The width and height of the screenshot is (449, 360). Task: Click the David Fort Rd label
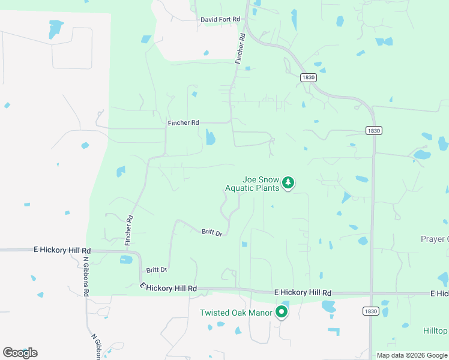tap(220, 20)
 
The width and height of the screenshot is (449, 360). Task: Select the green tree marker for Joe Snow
tap(288, 182)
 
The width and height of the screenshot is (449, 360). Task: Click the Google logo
tap(20, 352)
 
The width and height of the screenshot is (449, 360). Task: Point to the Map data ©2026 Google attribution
tap(412, 355)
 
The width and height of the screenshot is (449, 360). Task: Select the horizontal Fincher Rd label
tap(183, 123)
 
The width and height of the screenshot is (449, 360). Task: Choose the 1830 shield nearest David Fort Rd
tap(309, 77)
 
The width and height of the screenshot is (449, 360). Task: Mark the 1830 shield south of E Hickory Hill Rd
tap(370, 311)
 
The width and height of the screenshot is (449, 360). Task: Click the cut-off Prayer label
tap(435, 239)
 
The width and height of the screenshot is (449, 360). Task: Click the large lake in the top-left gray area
tap(56, 28)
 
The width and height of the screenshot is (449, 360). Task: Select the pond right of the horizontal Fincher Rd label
tap(210, 137)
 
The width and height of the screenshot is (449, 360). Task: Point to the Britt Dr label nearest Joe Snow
tap(212, 232)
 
